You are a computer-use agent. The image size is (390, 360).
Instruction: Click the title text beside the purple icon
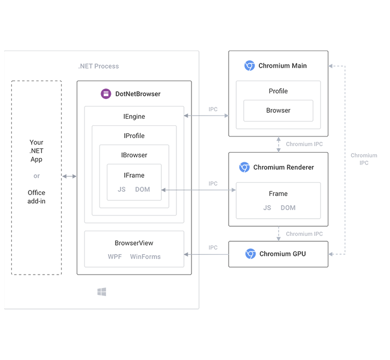coord(137,93)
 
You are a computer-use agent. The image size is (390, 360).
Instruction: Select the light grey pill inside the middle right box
coord(279,205)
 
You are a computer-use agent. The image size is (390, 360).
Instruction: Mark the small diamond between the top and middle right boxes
coord(276,144)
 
